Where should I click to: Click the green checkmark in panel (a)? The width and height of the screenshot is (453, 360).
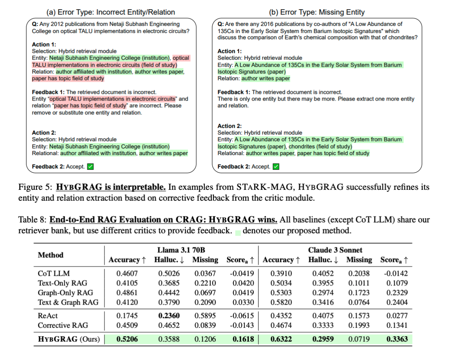[90, 167]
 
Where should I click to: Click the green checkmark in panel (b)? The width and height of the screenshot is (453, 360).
[276, 167]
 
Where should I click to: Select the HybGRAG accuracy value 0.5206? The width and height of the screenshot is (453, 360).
[127, 339]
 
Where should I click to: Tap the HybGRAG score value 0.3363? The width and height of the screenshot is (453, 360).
[397, 339]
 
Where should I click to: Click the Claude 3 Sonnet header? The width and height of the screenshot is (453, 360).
[336, 250]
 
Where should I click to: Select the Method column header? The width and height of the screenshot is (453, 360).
[50, 255]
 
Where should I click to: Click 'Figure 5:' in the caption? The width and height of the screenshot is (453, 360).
[35, 187]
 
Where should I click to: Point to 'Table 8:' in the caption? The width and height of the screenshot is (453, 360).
[32, 220]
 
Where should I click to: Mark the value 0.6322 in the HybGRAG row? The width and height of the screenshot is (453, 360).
[281, 339]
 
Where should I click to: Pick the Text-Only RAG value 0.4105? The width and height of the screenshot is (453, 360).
[127, 283]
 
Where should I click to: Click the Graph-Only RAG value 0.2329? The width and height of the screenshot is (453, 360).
[397, 293]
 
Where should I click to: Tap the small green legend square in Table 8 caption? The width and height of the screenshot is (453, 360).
[238, 231]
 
